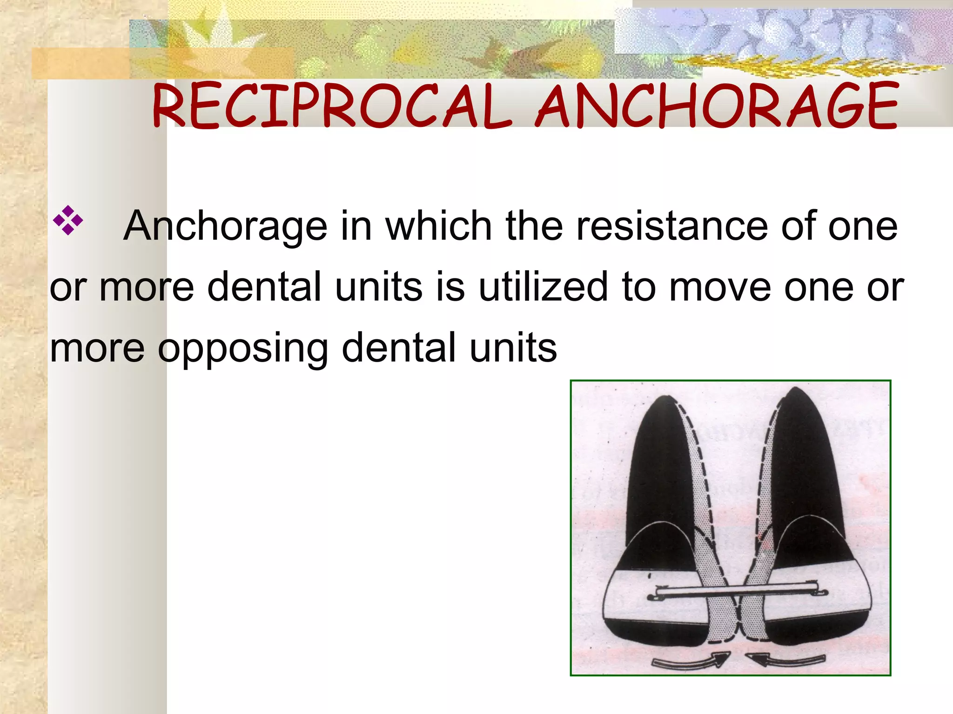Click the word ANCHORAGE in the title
coord(717,106)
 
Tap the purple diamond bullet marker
coord(68,220)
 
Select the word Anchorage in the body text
coord(225,226)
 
